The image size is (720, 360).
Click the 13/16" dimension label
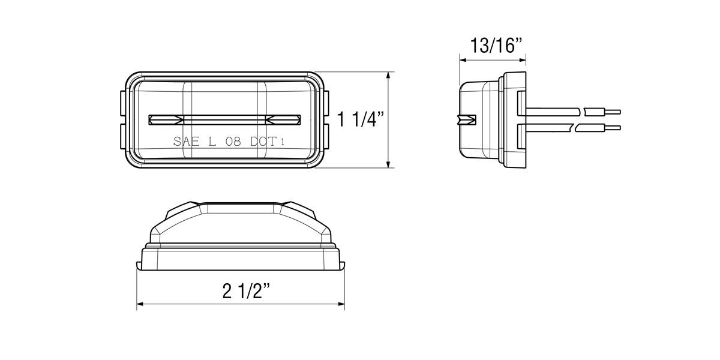point(493,45)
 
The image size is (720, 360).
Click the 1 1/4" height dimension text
point(361,119)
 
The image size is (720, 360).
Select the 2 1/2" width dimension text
point(245,291)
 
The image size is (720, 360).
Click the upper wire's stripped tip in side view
point(613,112)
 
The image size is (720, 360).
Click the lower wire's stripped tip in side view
point(613,127)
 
